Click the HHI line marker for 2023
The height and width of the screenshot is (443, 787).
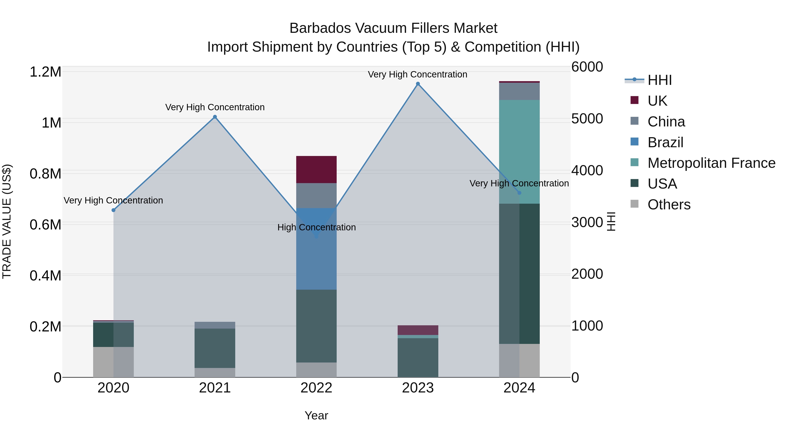pyautogui.click(x=418, y=84)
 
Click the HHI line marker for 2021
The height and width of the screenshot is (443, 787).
pyautogui.click(x=215, y=117)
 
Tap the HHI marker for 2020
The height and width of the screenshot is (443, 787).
pyautogui.click(x=113, y=210)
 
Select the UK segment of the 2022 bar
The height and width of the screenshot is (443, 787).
pyautogui.click(x=316, y=169)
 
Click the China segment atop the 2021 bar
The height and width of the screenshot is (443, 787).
pyautogui.click(x=215, y=325)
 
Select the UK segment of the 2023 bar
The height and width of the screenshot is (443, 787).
pyautogui.click(x=418, y=330)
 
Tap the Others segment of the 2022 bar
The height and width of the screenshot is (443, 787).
pyautogui.click(x=316, y=370)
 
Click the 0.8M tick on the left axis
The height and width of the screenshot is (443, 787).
pyautogui.click(x=45, y=174)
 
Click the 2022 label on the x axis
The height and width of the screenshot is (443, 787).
pyautogui.click(x=316, y=388)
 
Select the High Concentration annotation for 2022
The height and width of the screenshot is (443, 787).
pyautogui.click(x=316, y=228)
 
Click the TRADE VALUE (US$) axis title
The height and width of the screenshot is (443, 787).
pyautogui.click(x=7, y=221)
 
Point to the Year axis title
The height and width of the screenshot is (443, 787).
pyautogui.click(x=316, y=415)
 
